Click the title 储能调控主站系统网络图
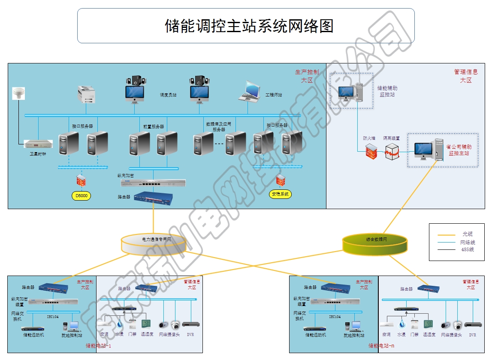pos(249,26)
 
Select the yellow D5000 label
pos(81,196)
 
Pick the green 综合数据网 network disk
pos(375,243)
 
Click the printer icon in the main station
pos(86,94)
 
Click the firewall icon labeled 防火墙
pos(371,152)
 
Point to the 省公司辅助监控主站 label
pos(459,150)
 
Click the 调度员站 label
pos(168,95)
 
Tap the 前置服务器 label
pos(154,126)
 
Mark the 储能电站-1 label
pos(98,346)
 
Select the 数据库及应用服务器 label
pos(219,126)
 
